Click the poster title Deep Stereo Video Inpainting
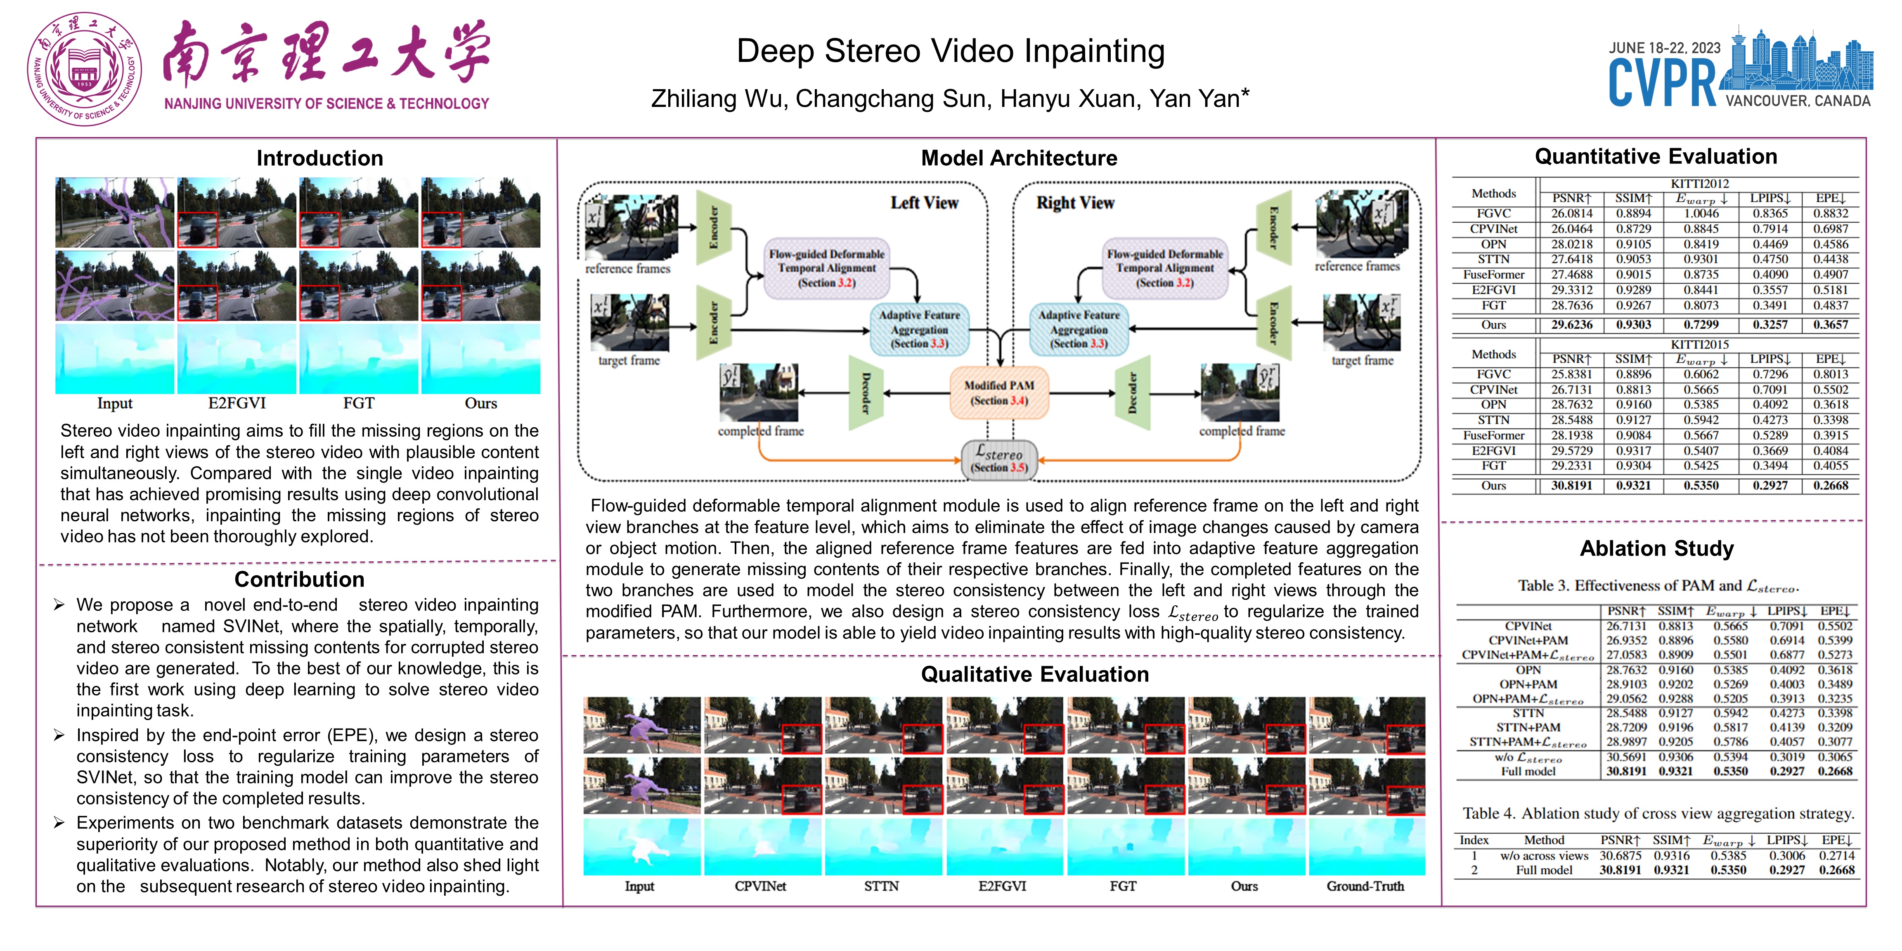coord(950,51)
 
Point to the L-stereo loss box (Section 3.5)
coord(999,459)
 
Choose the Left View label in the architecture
coord(924,203)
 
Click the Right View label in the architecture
coord(1075,203)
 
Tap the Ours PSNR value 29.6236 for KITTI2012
coord(1571,325)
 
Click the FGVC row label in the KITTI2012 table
coord(1493,213)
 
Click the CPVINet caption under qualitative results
coord(760,886)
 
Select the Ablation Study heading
coord(1656,549)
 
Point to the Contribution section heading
coord(299,580)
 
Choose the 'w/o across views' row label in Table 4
coord(1544,856)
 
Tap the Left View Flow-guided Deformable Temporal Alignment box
coord(826,268)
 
